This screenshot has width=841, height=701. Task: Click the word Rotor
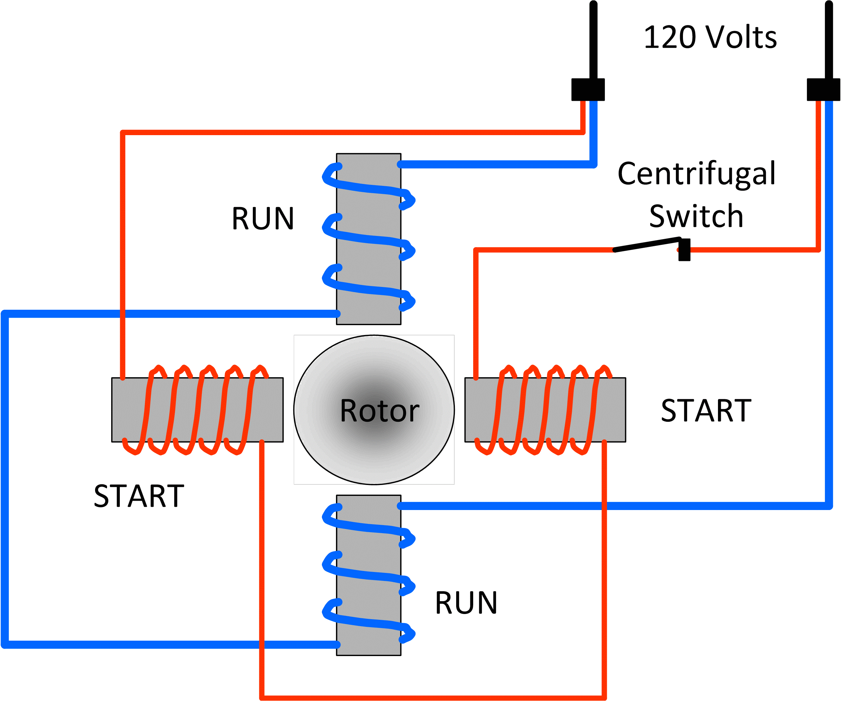[x=379, y=411]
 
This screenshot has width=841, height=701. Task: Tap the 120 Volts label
[x=710, y=37]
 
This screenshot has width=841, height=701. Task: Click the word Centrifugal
[x=696, y=174]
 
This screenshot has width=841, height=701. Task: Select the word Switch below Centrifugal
[x=696, y=216]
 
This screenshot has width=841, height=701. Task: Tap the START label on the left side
[x=139, y=496]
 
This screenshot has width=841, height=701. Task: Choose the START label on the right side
[x=706, y=411]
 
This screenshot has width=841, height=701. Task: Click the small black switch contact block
[x=685, y=250]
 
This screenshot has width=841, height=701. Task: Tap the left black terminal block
[x=588, y=90]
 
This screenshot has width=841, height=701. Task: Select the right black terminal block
[x=823, y=90]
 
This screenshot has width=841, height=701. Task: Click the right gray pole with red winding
[x=545, y=410]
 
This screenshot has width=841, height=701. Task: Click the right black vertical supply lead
[x=828, y=40]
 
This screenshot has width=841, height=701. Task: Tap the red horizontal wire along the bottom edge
[x=432, y=697]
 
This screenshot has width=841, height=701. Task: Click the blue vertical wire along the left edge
[x=5, y=480]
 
